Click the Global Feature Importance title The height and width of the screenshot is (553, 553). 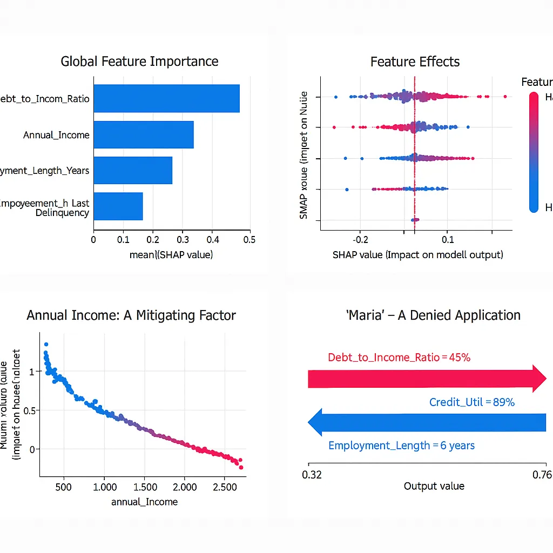coord(139,62)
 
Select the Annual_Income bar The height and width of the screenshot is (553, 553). coord(143,134)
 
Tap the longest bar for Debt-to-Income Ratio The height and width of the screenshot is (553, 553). coord(166,98)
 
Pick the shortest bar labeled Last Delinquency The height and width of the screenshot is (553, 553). coord(118,206)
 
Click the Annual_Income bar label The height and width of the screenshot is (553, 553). coord(56,135)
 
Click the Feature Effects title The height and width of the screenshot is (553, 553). coord(415,62)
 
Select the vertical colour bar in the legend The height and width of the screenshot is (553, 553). coord(534,151)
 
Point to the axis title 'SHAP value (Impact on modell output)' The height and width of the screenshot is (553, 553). coord(417,254)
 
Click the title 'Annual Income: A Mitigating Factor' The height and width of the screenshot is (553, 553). coord(131,315)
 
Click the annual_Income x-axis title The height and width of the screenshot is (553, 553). coord(144,502)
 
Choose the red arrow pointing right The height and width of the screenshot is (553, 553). coord(427,379)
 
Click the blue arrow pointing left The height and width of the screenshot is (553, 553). coord(427,422)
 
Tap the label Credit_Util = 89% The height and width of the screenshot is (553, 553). coord(471,402)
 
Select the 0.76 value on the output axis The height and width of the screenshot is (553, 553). coord(542,475)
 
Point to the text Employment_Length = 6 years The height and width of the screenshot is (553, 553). coord(401,446)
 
